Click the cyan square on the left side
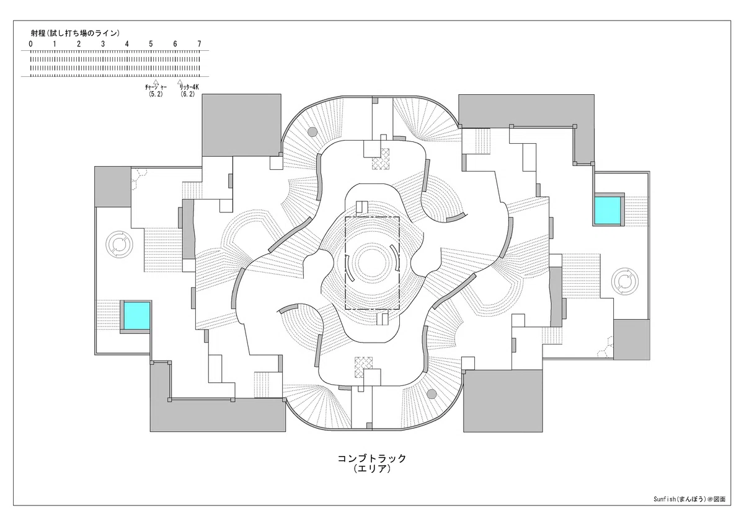tap(137, 315)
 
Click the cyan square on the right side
tap(608, 211)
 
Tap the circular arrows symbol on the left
tap(119, 245)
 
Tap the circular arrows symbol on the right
tap(625, 281)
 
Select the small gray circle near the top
tap(312, 132)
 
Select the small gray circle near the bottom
tap(432, 394)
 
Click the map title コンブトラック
tap(372, 458)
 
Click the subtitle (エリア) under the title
tap(372, 469)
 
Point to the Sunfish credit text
tap(689, 509)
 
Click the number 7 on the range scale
tap(199, 44)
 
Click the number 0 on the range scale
tap(31, 44)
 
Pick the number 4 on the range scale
tap(127, 44)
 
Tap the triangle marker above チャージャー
tap(156, 82)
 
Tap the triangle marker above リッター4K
tap(180, 82)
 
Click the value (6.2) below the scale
tap(188, 94)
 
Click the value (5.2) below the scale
tap(156, 94)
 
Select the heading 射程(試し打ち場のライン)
tap(76, 33)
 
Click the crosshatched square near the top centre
tap(381, 159)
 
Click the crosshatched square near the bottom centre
tap(364, 367)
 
